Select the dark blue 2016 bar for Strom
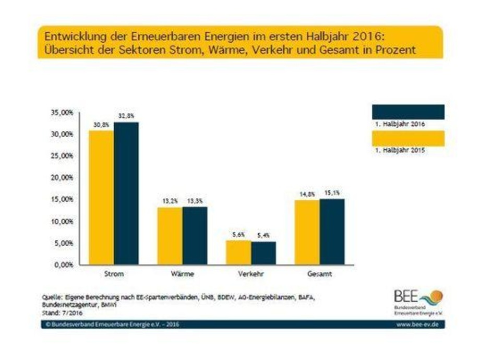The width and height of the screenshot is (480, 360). coord(126,193)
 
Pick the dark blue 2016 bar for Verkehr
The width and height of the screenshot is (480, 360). coord(263,253)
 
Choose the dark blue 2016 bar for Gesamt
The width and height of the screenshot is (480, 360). coord(332,232)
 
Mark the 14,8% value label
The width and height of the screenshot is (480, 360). coord(307,194)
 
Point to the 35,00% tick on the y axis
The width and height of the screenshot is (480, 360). coord(62,112)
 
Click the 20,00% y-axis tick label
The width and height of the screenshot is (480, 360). coord(62,178)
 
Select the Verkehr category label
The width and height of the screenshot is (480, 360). coord(250,273)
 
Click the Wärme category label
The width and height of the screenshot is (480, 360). coord(182,273)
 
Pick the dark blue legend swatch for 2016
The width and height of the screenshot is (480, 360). coord(407,112)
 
